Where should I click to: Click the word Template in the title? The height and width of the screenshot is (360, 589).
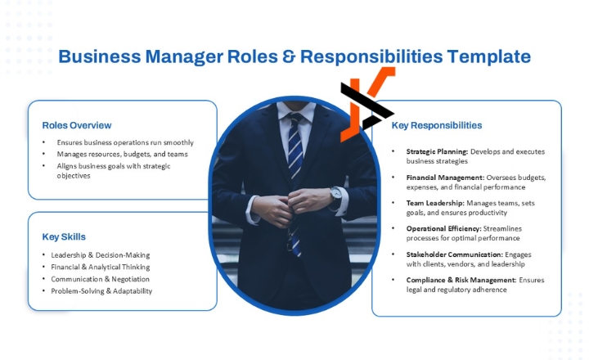[x=488, y=56]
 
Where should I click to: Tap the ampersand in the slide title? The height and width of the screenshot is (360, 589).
[x=289, y=56]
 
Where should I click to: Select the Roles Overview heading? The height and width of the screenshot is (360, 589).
[x=77, y=125]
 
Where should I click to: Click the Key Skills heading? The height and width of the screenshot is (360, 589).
[x=64, y=236]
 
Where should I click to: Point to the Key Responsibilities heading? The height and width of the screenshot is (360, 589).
[x=437, y=125]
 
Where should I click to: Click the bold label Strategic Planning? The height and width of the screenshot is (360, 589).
[x=437, y=151]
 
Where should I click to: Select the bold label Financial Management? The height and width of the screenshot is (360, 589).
[x=445, y=178]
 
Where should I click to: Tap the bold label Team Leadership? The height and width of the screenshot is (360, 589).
[x=435, y=203]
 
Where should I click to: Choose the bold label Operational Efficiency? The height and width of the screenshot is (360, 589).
[x=443, y=228]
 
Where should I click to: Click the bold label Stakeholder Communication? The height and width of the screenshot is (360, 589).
[x=455, y=254]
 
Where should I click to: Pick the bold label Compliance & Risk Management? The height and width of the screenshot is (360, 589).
[x=461, y=280]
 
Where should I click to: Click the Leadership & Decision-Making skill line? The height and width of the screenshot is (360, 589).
[x=101, y=255]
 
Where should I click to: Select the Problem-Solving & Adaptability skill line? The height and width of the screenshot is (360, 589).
[x=101, y=290]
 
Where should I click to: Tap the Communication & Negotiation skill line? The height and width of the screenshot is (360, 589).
[x=101, y=279]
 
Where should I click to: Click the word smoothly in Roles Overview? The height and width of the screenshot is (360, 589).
[x=178, y=142]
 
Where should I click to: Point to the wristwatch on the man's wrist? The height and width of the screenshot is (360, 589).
[x=335, y=194]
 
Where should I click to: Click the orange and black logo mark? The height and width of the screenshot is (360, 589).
[x=367, y=104]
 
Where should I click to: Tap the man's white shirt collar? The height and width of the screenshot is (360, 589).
[x=296, y=110]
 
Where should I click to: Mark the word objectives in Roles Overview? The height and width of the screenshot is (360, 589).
[x=74, y=176]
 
